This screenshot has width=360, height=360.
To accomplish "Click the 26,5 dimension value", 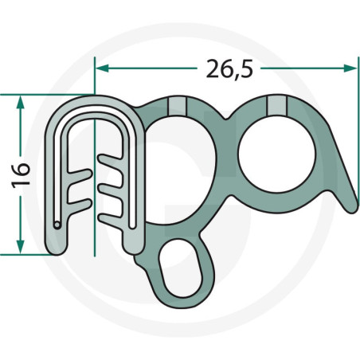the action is (229, 68).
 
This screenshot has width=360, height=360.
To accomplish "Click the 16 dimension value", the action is (21, 175).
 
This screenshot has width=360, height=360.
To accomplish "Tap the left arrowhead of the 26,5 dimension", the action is (102, 68).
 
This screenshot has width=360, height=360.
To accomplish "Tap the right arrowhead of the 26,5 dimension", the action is (350, 68).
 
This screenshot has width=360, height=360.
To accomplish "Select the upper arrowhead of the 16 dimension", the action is (20, 102).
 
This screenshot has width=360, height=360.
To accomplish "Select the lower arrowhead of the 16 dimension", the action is (20, 247).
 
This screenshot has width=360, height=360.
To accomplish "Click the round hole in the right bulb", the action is (276, 154).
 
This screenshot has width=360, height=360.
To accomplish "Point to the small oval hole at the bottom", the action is (180, 268).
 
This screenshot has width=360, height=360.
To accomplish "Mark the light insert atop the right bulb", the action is (277, 105).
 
